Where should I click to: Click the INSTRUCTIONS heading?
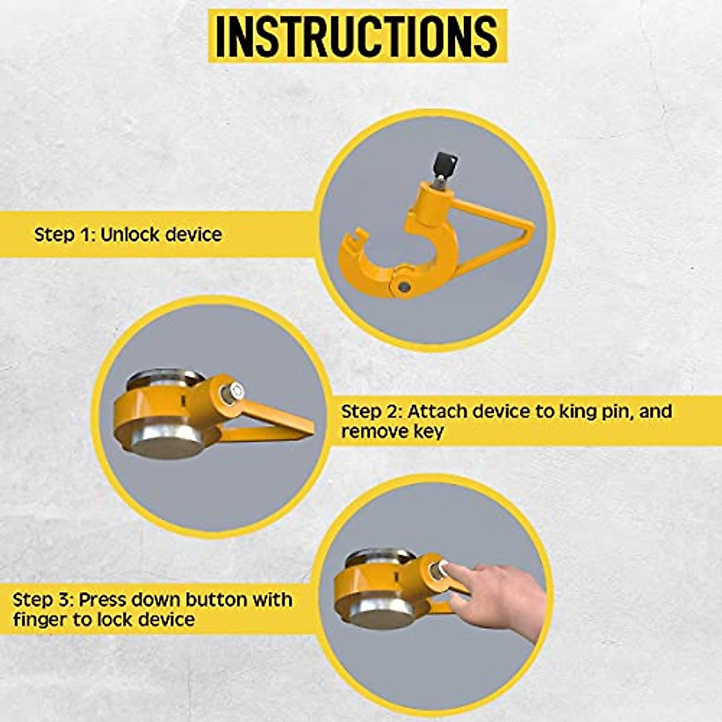(x=357, y=36)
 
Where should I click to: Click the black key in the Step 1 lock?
(x=445, y=163)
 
